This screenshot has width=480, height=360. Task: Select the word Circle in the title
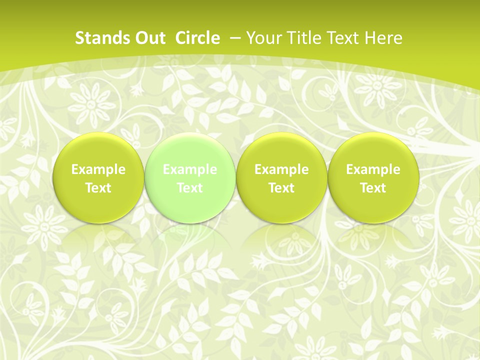pos(197,38)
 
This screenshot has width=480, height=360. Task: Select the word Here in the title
pos(383,38)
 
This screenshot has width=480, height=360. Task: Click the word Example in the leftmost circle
pos(98,169)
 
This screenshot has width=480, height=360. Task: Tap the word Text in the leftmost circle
pos(98,188)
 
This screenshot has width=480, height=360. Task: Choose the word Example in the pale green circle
pos(190,169)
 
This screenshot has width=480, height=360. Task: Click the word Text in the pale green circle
pos(190,188)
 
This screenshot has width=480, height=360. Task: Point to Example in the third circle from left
pos(281,169)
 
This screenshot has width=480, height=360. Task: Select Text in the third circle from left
pos(281,188)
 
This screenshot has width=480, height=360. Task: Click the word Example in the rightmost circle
pos(373,169)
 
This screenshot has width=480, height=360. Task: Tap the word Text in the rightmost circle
pos(373,188)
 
